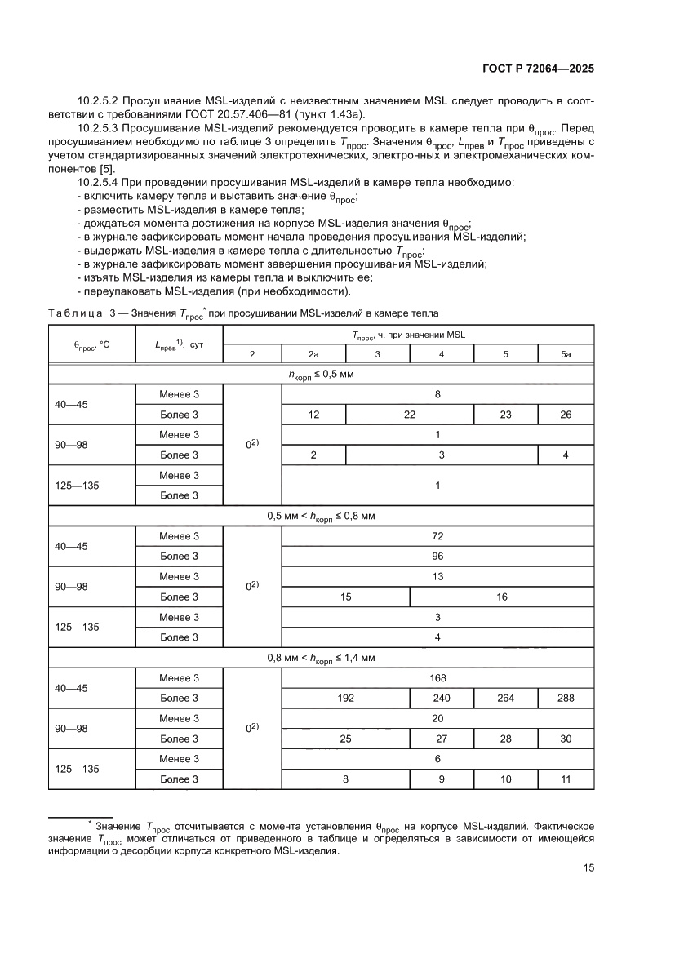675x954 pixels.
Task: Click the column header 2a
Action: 313,354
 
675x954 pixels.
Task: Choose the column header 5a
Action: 566,354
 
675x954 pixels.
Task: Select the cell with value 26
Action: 566,415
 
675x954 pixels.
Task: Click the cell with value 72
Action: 437,536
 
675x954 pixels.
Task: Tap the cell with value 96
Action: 437,557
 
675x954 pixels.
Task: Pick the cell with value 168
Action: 437,678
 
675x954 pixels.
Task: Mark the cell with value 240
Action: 442,699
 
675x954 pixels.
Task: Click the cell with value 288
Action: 566,699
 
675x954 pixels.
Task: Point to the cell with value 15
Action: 345,597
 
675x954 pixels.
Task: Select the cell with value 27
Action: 442,739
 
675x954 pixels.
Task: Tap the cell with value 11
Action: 566,779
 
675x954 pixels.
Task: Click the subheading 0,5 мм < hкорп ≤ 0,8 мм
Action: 321,517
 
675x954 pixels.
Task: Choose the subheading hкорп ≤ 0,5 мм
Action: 321,375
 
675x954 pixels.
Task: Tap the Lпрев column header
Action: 179,345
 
